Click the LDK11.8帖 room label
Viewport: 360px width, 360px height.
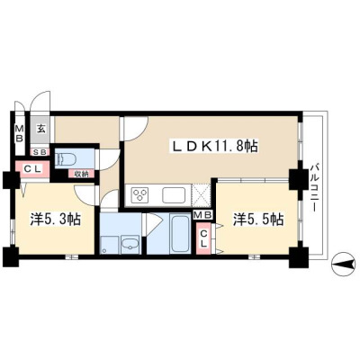pos(214,147)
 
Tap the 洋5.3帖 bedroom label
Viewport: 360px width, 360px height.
pos(56,220)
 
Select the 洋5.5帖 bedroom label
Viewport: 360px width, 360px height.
pos(258,220)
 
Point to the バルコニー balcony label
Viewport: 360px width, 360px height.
pos(314,187)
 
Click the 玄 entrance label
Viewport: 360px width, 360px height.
pos(41,129)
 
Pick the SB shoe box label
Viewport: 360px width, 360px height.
pos(40,152)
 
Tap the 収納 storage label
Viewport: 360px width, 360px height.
pos(81,174)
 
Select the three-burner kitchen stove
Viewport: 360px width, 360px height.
pos(140,194)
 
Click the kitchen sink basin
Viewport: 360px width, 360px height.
pos(174,195)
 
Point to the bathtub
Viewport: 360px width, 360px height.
pos(179,233)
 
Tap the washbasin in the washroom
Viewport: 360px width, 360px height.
pos(130,243)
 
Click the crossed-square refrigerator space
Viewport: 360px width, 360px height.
pos(200,194)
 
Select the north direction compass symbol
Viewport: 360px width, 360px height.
pos(343,264)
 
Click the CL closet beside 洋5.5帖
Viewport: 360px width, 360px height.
pos(203,238)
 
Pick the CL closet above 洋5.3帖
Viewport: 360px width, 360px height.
pos(32,169)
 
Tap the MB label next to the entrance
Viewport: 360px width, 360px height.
pos(20,134)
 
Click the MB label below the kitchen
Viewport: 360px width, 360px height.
pos(203,215)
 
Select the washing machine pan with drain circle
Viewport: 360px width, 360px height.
pos(110,244)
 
